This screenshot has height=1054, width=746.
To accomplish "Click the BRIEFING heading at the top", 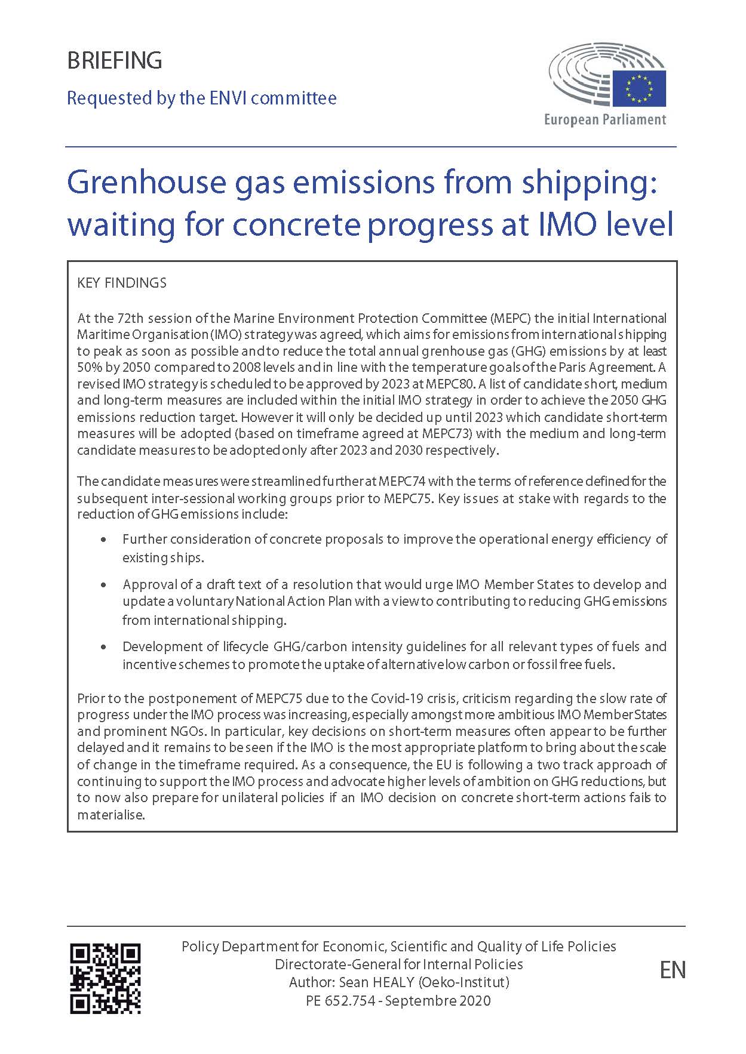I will pyautogui.click(x=114, y=61).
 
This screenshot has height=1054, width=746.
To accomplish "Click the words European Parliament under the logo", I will pyautogui.click(x=604, y=119).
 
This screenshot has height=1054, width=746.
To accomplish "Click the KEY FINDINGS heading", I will pyautogui.click(x=122, y=283).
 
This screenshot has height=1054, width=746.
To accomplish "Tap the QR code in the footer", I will pyautogui.click(x=105, y=978).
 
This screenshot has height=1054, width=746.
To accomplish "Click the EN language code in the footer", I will pyautogui.click(x=673, y=970).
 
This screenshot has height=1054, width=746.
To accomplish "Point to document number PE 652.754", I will pyautogui.click(x=340, y=1000).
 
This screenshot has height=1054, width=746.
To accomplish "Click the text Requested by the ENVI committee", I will pyautogui.click(x=201, y=98).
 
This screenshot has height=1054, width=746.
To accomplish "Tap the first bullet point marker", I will pyautogui.click(x=105, y=540).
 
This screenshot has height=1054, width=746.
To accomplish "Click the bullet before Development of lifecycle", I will pyautogui.click(x=105, y=647).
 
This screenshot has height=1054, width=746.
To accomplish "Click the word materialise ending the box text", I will pyautogui.click(x=110, y=815).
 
